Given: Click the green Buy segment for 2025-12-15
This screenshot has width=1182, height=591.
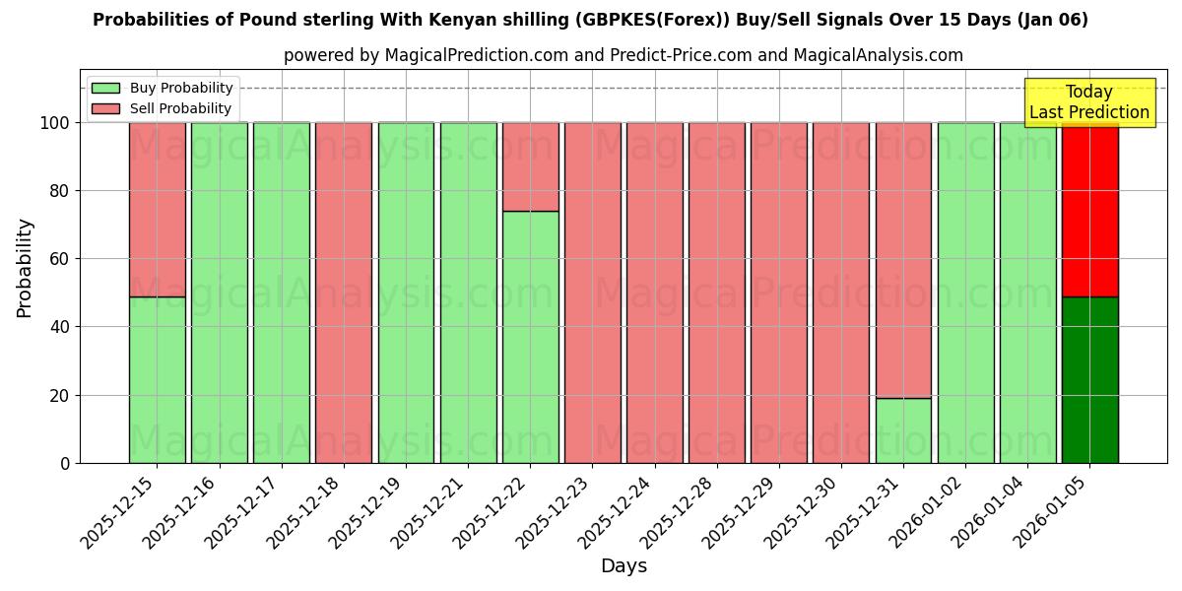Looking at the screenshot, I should coord(157,379).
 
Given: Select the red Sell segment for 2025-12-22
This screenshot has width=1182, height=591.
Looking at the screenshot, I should coord(530,165).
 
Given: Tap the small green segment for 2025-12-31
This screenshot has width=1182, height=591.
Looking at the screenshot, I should coord(903,430).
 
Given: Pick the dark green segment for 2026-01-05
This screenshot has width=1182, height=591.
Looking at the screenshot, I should coord(1089,379).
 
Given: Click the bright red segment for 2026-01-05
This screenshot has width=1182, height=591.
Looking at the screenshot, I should coord(1089,209).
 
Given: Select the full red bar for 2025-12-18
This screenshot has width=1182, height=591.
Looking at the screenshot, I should coord(344,293).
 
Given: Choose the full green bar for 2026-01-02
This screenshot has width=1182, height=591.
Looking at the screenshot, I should coord(965,293).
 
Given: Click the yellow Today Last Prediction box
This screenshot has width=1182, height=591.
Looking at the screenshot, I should coord(1088,102).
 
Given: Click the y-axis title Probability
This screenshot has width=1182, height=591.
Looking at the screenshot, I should coord(25,267).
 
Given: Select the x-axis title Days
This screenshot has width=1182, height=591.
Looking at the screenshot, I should coord(624,566).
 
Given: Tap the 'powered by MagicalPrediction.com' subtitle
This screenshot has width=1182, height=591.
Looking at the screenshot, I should coord(426,56).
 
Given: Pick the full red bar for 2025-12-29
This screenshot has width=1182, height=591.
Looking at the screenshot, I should coord(779,293).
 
